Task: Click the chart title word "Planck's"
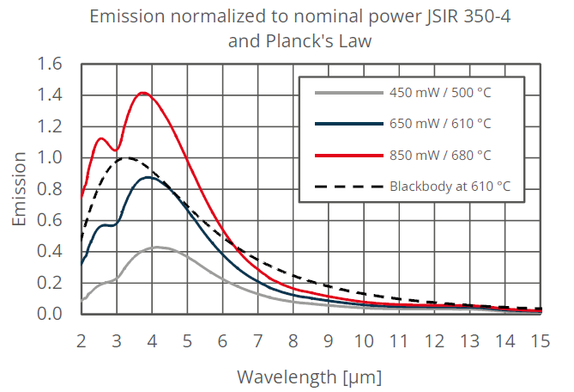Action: pyautogui.click(x=299, y=41)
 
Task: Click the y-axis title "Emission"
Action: pyautogui.click(x=19, y=189)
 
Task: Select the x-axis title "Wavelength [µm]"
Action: pyautogui.click(x=310, y=377)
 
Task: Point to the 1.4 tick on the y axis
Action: pyautogui.click(x=50, y=95)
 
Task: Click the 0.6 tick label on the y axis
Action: pyautogui.click(x=50, y=220)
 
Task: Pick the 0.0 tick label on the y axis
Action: pyautogui.click(x=50, y=314)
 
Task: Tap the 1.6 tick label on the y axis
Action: pyautogui.click(x=50, y=64)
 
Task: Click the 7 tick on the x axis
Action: pyautogui.click(x=257, y=341)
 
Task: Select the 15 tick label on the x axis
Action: pyautogui.click(x=541, y=341)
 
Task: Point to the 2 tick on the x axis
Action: pyautogui.click(x=82, y=341)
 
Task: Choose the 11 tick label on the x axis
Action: pyautogui.click(x=399, y=341)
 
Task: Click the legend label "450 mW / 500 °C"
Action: pyautogui.click(x=440, y=92)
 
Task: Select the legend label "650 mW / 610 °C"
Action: pyautogui.click(x=440, y=124)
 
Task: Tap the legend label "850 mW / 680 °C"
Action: pyautogui.click(x=440, y=155)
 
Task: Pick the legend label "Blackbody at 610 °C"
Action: pyautogui.click(x=450, y=187)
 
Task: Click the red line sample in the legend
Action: pyautogui.click(x=349, y=156)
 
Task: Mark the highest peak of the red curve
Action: pyautogui.click(x=142, y=93)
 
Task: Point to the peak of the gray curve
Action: pyautogui.click(x=157, y=248)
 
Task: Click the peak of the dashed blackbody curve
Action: pyautogui.click(x=126, y=158)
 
